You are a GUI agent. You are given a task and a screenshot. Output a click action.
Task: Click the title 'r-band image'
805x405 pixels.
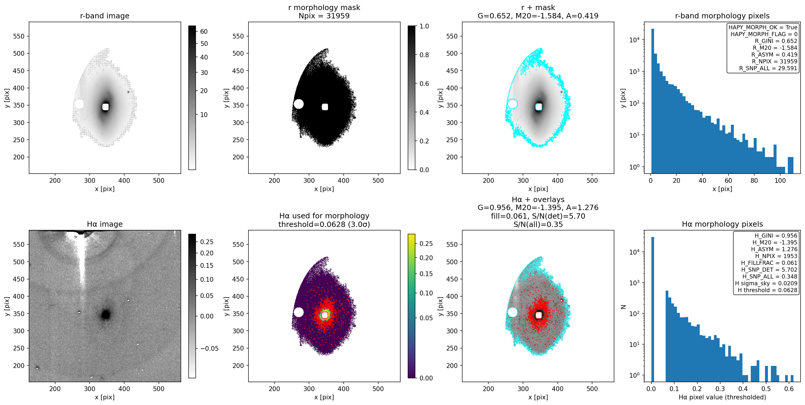tap(104, 16)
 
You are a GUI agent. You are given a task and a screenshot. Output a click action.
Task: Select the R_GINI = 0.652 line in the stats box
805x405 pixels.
tap(776, 41)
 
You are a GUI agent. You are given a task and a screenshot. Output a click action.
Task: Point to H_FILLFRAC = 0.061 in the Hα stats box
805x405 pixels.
tap(769, 263)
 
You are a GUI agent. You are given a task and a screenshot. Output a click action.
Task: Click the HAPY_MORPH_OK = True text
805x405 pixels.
tap(763, 27)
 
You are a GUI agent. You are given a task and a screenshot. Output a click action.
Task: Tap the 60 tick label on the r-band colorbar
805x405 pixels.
tap(204, 31)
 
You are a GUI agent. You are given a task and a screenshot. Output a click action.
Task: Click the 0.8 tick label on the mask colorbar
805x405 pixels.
tap(424, 55)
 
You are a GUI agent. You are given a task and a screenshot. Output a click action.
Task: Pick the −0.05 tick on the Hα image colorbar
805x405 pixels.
tap(209, 348)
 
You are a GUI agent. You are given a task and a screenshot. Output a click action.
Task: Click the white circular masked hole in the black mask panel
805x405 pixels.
tap(299, 104)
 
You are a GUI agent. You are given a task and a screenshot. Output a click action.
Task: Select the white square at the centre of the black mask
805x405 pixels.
tap(325, 107)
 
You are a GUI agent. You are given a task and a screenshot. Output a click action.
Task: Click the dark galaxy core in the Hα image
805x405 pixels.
tap(106, 314)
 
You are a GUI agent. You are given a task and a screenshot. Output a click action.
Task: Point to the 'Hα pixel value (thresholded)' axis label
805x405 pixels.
tap(722, 397)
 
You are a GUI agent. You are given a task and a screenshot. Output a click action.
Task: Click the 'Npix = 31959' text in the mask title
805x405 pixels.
tap(324, 16)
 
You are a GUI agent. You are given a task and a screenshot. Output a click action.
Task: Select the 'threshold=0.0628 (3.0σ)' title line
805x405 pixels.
tap(324, 224)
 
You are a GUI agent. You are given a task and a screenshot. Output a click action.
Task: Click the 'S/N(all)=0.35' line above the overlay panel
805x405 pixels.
tap(538, 224)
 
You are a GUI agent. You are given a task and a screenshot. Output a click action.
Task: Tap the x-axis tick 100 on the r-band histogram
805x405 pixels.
tap(780, 180)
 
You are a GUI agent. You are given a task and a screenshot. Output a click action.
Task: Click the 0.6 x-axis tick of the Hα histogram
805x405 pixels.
tap(789, 389)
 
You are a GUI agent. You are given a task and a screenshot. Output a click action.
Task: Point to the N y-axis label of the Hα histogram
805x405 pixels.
tap(623, 307)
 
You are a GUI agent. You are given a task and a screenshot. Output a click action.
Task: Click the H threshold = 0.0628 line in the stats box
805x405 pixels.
tap(768, 290)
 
